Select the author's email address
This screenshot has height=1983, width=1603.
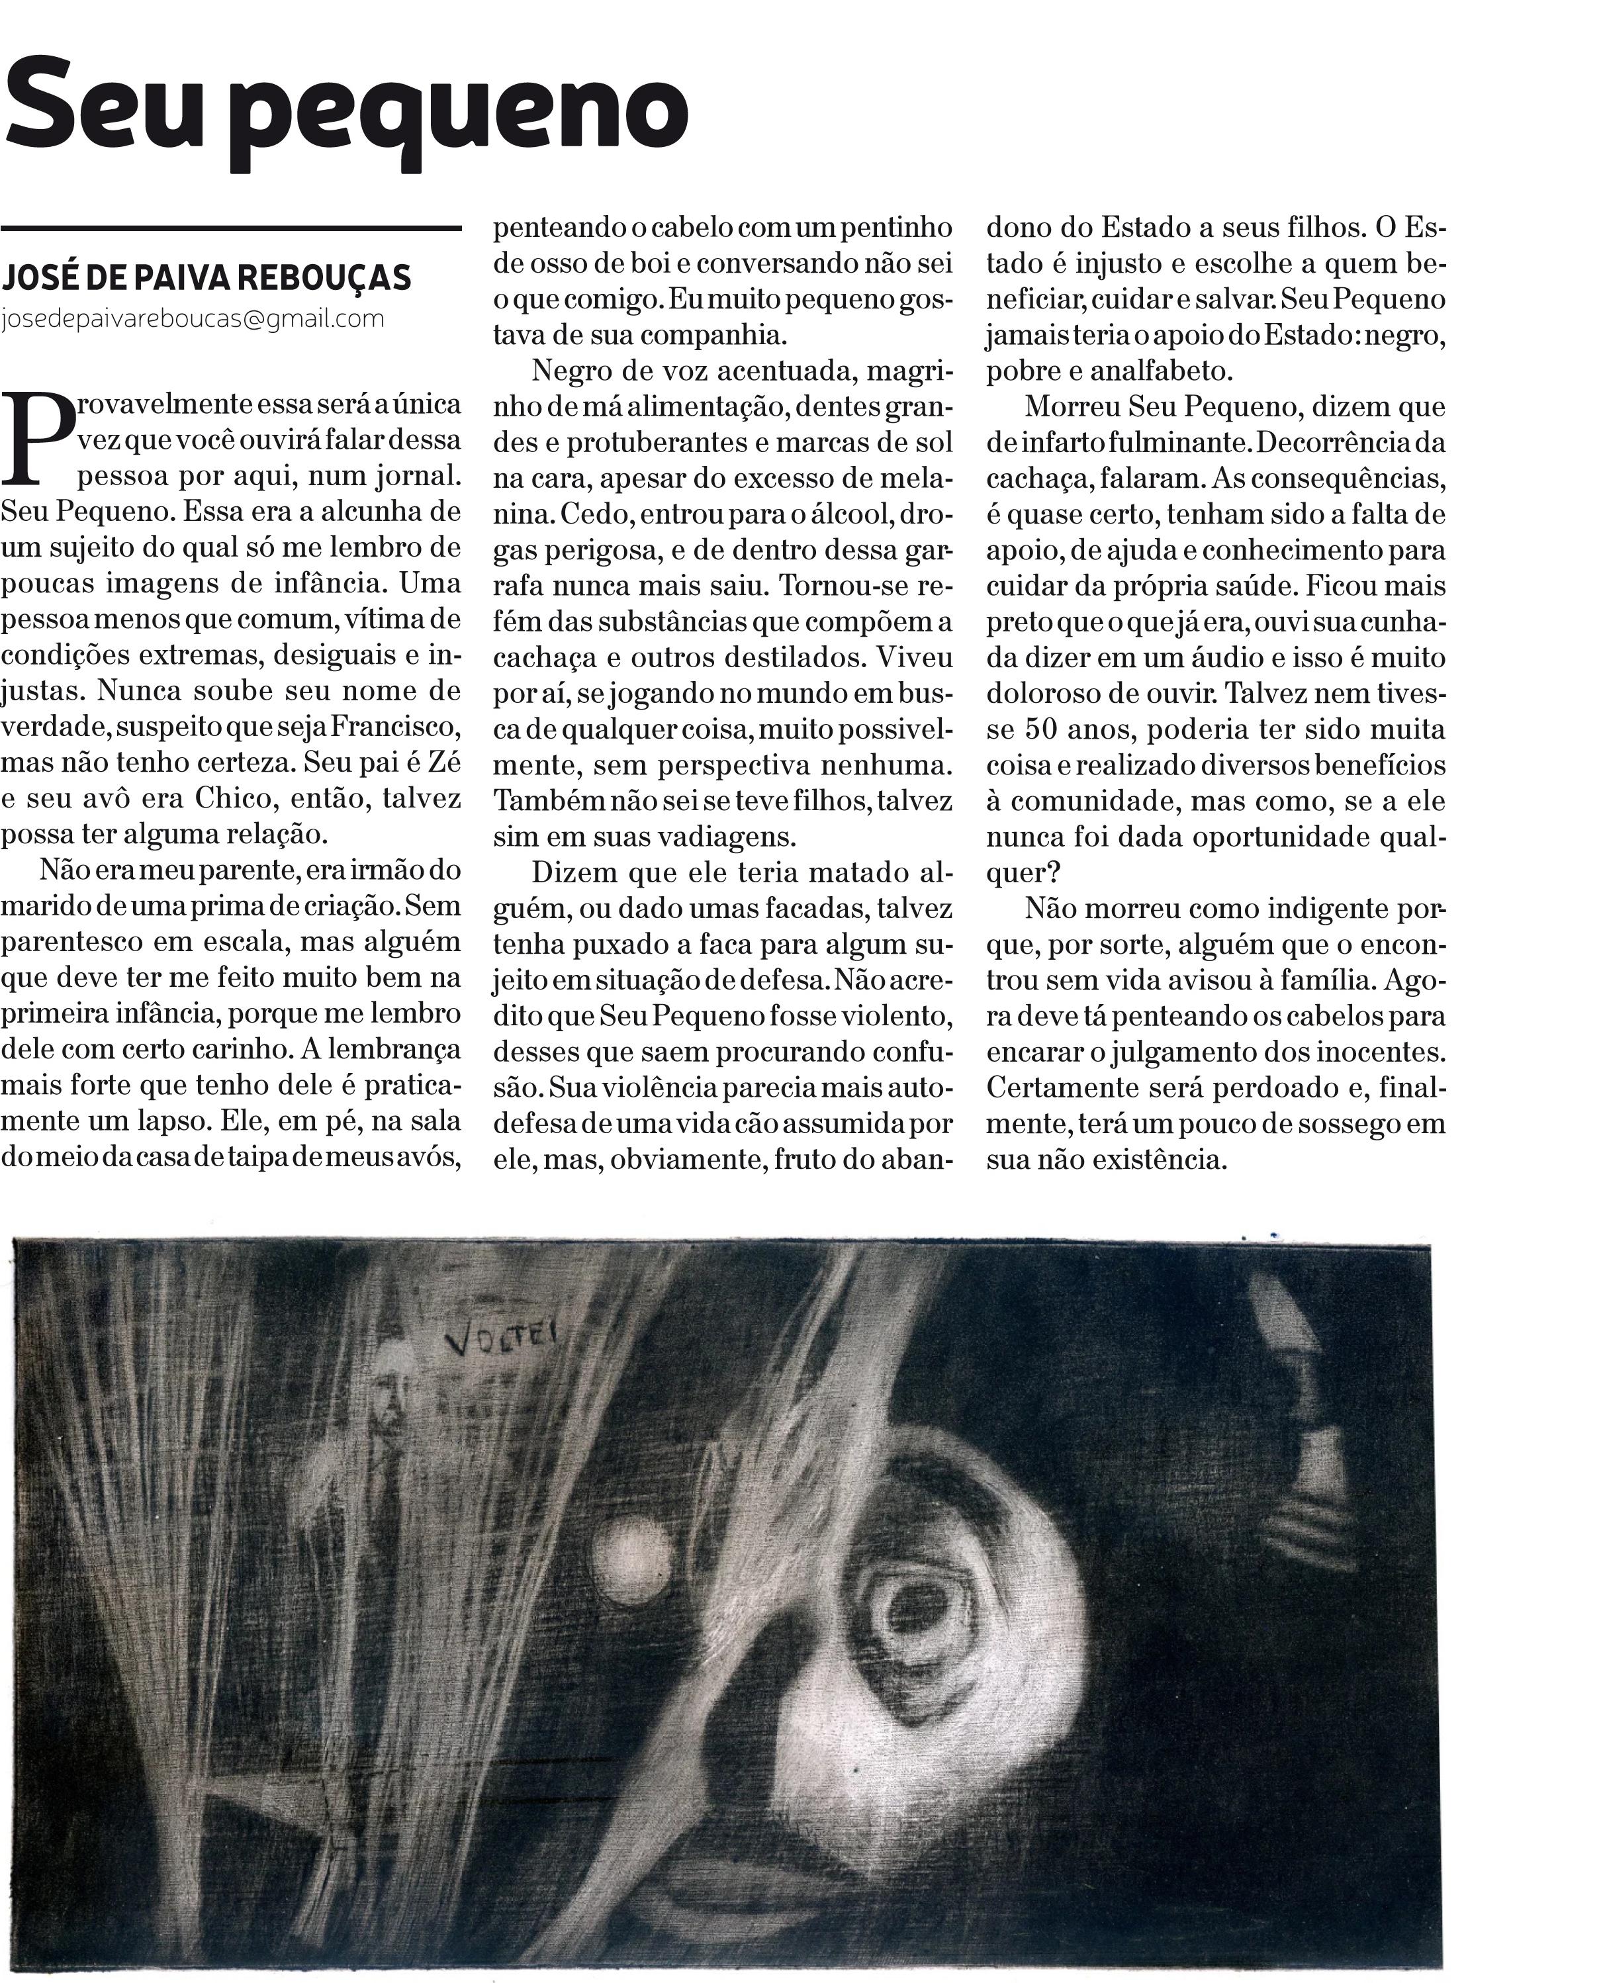[192, 320]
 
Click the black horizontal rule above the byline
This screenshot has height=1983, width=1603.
[231, 227]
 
